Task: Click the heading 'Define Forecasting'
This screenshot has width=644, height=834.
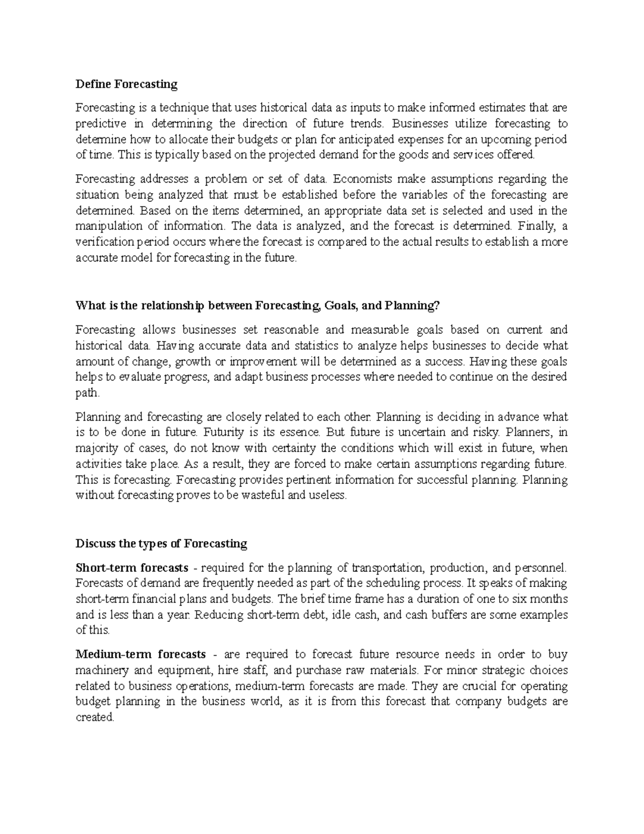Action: (x=126, y=84)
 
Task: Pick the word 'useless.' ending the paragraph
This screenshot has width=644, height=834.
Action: (x=326, y=496)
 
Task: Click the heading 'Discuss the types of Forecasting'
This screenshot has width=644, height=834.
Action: (x=162, y=543)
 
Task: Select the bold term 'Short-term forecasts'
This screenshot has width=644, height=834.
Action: (x=132, y=568)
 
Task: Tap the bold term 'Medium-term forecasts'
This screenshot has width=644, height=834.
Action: (x=141, y=654)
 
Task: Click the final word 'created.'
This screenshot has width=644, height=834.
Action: (x=95, y=717)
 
